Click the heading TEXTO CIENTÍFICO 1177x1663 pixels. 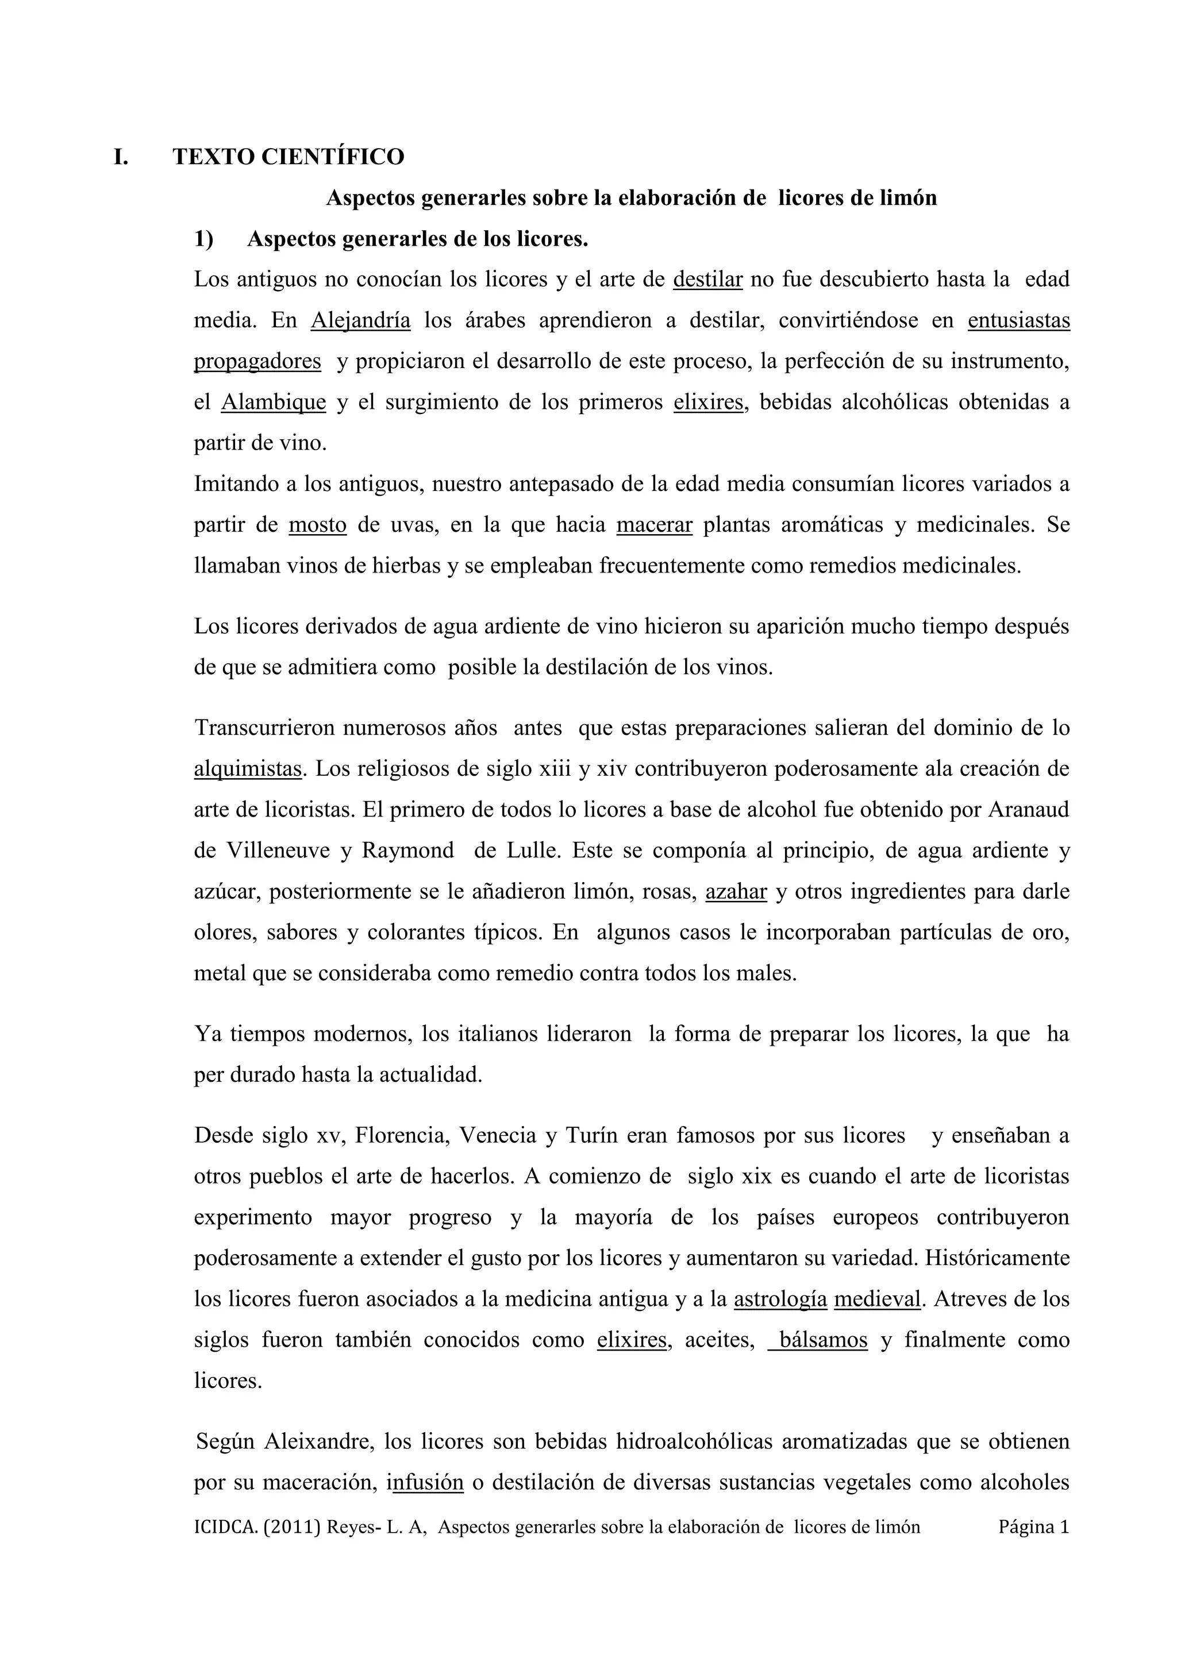coord(289,156)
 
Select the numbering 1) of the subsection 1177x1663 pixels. coord(203,239)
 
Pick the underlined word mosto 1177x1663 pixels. coord(317,524)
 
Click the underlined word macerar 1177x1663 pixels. coord(655,524)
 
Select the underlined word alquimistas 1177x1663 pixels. coord(247,768)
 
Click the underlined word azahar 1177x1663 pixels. coord(736,891)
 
